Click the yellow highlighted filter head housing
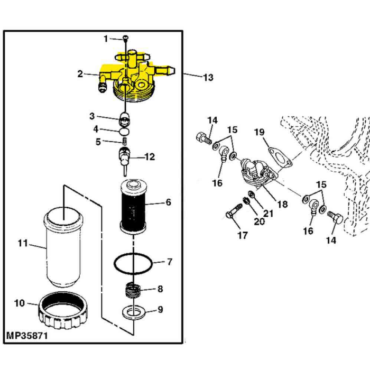point(132,79)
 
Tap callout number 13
point(208,78)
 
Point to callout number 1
point(106,38)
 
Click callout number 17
point(242,236)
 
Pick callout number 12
point(150,156)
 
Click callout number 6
point(168,202)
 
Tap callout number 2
point(80,74)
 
